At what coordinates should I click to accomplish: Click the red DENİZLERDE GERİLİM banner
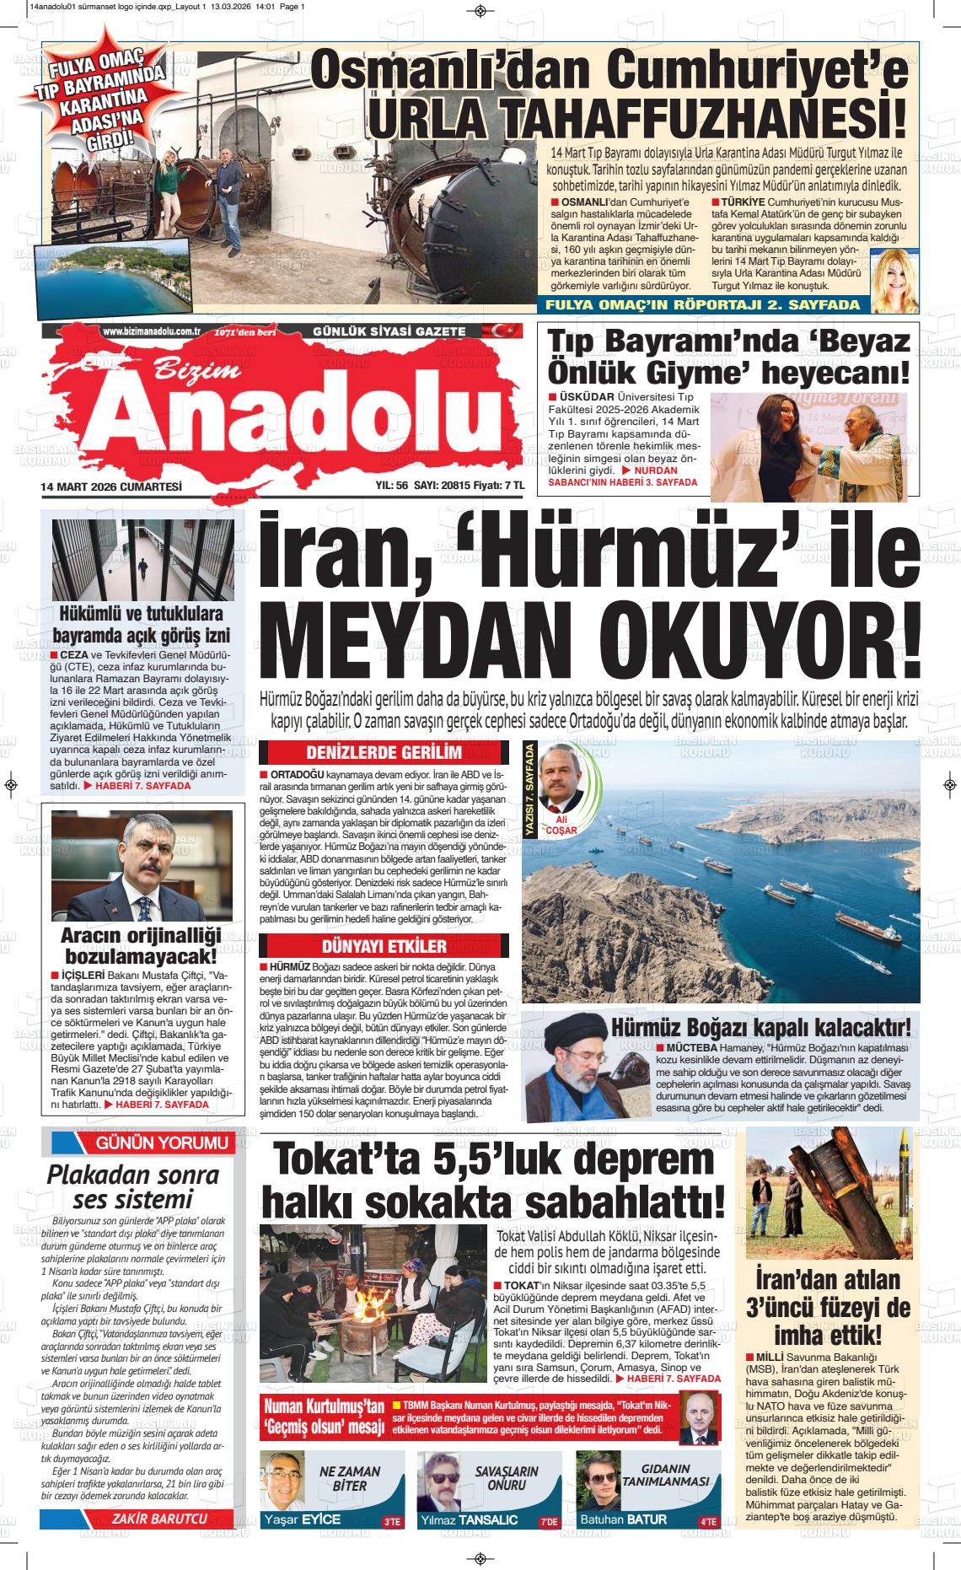coord(384,752)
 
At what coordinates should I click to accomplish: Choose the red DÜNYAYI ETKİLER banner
coord(384,945)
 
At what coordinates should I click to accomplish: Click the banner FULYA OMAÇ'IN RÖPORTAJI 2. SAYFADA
coord(703,305)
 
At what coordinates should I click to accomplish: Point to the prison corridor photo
coord(142,560)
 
